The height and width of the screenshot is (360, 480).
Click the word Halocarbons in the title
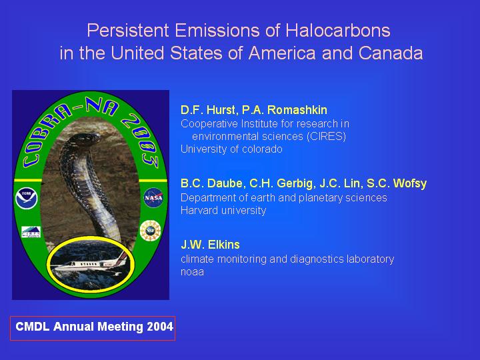[338, 31]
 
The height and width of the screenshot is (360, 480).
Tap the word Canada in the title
[391, 53]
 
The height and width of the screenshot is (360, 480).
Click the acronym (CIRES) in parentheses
[326, 136]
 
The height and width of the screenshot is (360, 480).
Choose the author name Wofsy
[409, 184]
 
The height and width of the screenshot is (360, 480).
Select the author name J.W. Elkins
[210, 245]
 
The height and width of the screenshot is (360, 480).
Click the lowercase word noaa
[192, 272]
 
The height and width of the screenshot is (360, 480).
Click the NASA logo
[153, 198]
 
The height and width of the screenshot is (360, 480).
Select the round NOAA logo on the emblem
[27, 198]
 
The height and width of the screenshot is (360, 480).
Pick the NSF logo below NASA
[150, 230]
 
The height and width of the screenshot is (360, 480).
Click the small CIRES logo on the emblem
[31, 232]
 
